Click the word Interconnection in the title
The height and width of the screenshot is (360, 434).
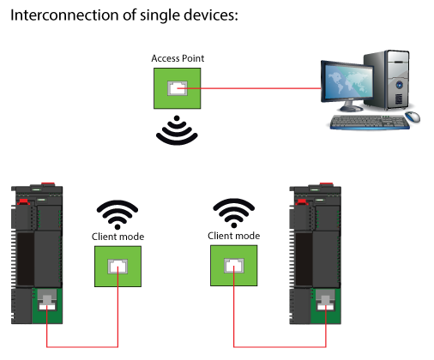64,15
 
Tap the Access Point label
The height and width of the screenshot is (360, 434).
178,58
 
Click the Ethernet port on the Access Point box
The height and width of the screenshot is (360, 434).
178,88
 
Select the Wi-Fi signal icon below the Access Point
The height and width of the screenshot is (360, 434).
177,131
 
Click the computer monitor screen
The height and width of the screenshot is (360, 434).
347,81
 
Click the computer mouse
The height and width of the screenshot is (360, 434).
413,117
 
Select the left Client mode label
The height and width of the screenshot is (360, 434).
118,237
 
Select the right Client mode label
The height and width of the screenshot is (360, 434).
234,236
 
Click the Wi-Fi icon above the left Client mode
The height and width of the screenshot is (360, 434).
118,214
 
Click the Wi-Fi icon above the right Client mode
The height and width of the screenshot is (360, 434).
234,213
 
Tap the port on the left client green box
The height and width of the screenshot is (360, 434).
118,267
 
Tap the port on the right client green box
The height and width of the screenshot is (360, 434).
234,266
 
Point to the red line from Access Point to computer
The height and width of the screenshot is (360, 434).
250,88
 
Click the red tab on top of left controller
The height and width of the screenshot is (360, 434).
48,184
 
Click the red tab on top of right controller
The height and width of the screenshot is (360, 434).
326,184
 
